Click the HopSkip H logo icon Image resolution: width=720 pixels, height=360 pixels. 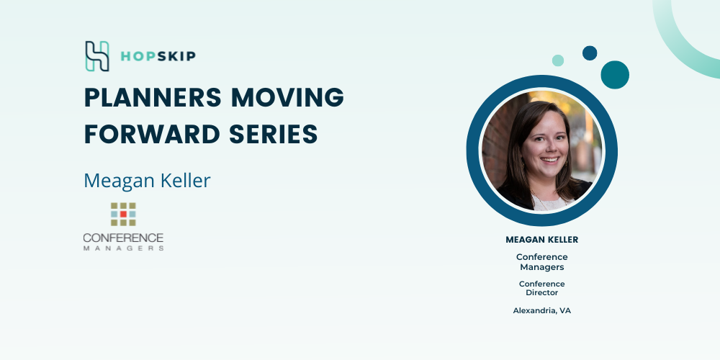click(97, 56)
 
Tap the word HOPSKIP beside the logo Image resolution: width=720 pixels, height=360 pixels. click(158, 56)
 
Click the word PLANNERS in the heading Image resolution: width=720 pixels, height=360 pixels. click(153, 97)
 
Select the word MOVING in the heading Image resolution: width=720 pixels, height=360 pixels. click(287, 97)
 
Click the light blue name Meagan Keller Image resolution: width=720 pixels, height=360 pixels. click(147, 181)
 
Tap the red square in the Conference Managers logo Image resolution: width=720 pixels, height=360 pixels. click(123, 214)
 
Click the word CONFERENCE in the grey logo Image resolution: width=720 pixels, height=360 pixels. click(123, 238)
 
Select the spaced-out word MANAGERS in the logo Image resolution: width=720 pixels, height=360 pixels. click(123, 248)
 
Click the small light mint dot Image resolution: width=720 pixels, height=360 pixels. click(558, 60)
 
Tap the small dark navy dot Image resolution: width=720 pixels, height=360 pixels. click(590, 53)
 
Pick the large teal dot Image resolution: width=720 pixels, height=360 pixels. click(615, 75)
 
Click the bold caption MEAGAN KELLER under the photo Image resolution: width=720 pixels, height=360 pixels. click(542, 240)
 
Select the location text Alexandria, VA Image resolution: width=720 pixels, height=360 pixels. click(542, 311)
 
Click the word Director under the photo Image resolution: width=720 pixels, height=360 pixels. click(542, 292)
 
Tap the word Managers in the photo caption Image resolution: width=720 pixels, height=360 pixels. click(542, 267)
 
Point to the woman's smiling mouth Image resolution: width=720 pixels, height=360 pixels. click(549, 160)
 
